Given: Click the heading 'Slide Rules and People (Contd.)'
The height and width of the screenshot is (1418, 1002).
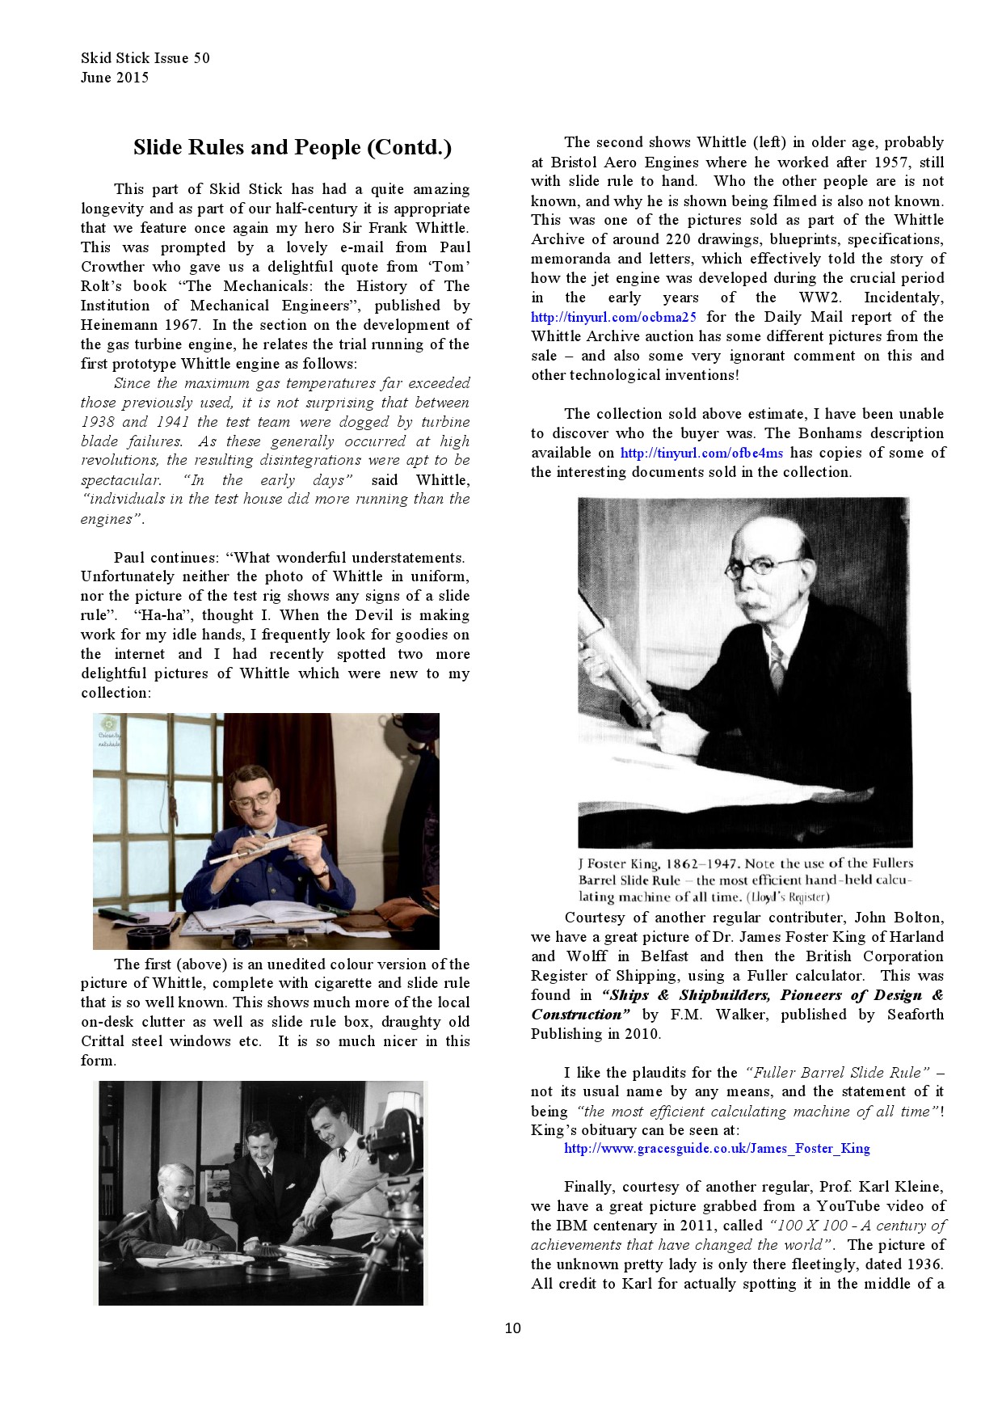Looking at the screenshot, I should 292,147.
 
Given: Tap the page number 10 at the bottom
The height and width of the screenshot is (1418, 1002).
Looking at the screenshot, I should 512,1327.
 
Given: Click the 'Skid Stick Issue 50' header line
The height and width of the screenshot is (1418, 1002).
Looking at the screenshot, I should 145,57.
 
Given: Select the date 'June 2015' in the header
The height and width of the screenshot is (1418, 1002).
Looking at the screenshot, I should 115,78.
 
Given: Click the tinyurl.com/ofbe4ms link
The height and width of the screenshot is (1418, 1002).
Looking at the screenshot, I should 701,453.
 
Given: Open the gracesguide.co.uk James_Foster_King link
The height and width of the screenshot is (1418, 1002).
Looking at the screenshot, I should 717,1148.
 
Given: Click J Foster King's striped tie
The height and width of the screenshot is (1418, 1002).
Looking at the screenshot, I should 776,665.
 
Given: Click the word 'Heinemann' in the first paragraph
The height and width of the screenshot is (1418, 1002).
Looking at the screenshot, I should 116,325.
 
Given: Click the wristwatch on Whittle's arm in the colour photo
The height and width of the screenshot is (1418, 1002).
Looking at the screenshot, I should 322,871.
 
